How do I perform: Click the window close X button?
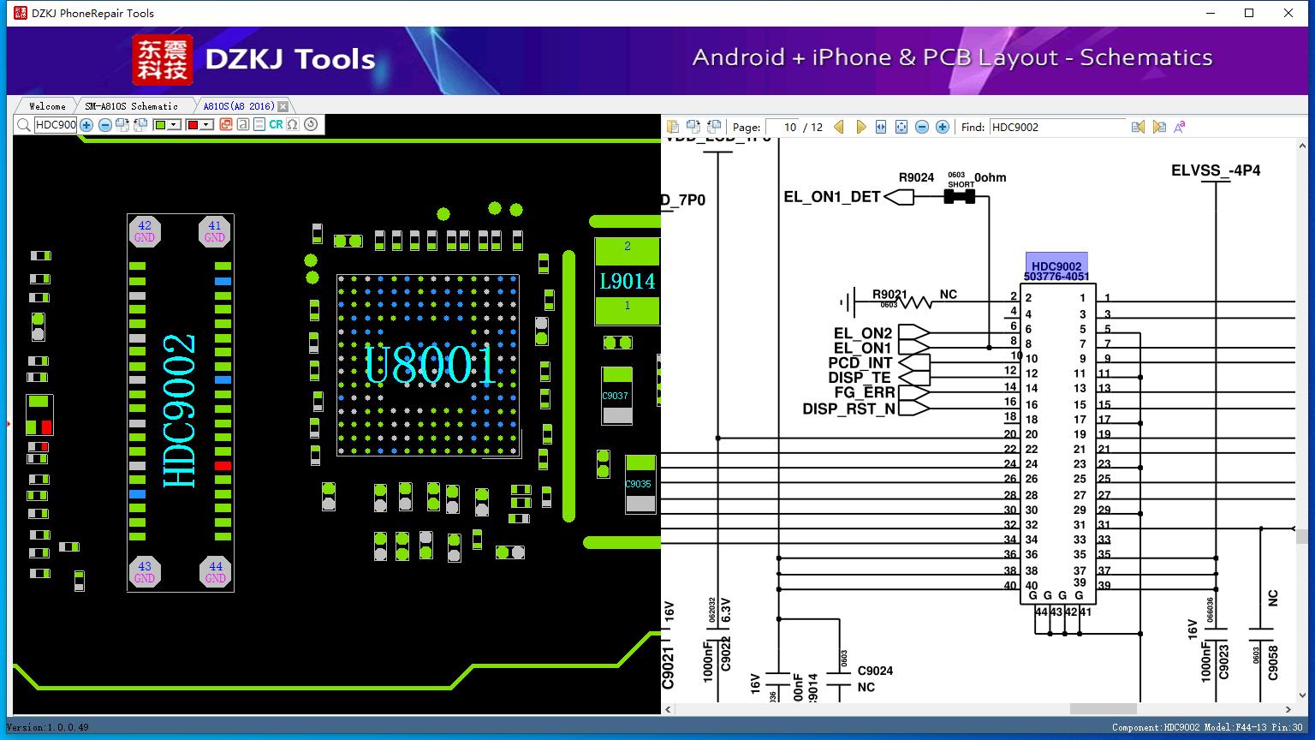[1288, 13]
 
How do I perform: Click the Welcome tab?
[47, 106]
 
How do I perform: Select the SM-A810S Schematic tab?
[131, 106]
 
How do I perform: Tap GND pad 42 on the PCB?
[145, 231]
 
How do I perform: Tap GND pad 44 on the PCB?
[215, 571]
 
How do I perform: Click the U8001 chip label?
[430, 366]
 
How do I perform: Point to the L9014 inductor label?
[627, 281]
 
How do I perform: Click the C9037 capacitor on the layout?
[616, 396]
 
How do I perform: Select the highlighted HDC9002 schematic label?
[1056, 266]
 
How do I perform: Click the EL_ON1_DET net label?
[832, 197]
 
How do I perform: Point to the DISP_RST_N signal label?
[848, 409]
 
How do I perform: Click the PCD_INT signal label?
[860, 363]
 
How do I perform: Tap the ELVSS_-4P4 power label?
[1216, 170]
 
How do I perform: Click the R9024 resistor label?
[916, 177]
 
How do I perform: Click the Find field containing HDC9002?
[1056, 127]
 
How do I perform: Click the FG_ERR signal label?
[864, 393]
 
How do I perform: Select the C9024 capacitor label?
[875, 671]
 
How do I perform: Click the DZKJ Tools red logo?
[162, 59]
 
